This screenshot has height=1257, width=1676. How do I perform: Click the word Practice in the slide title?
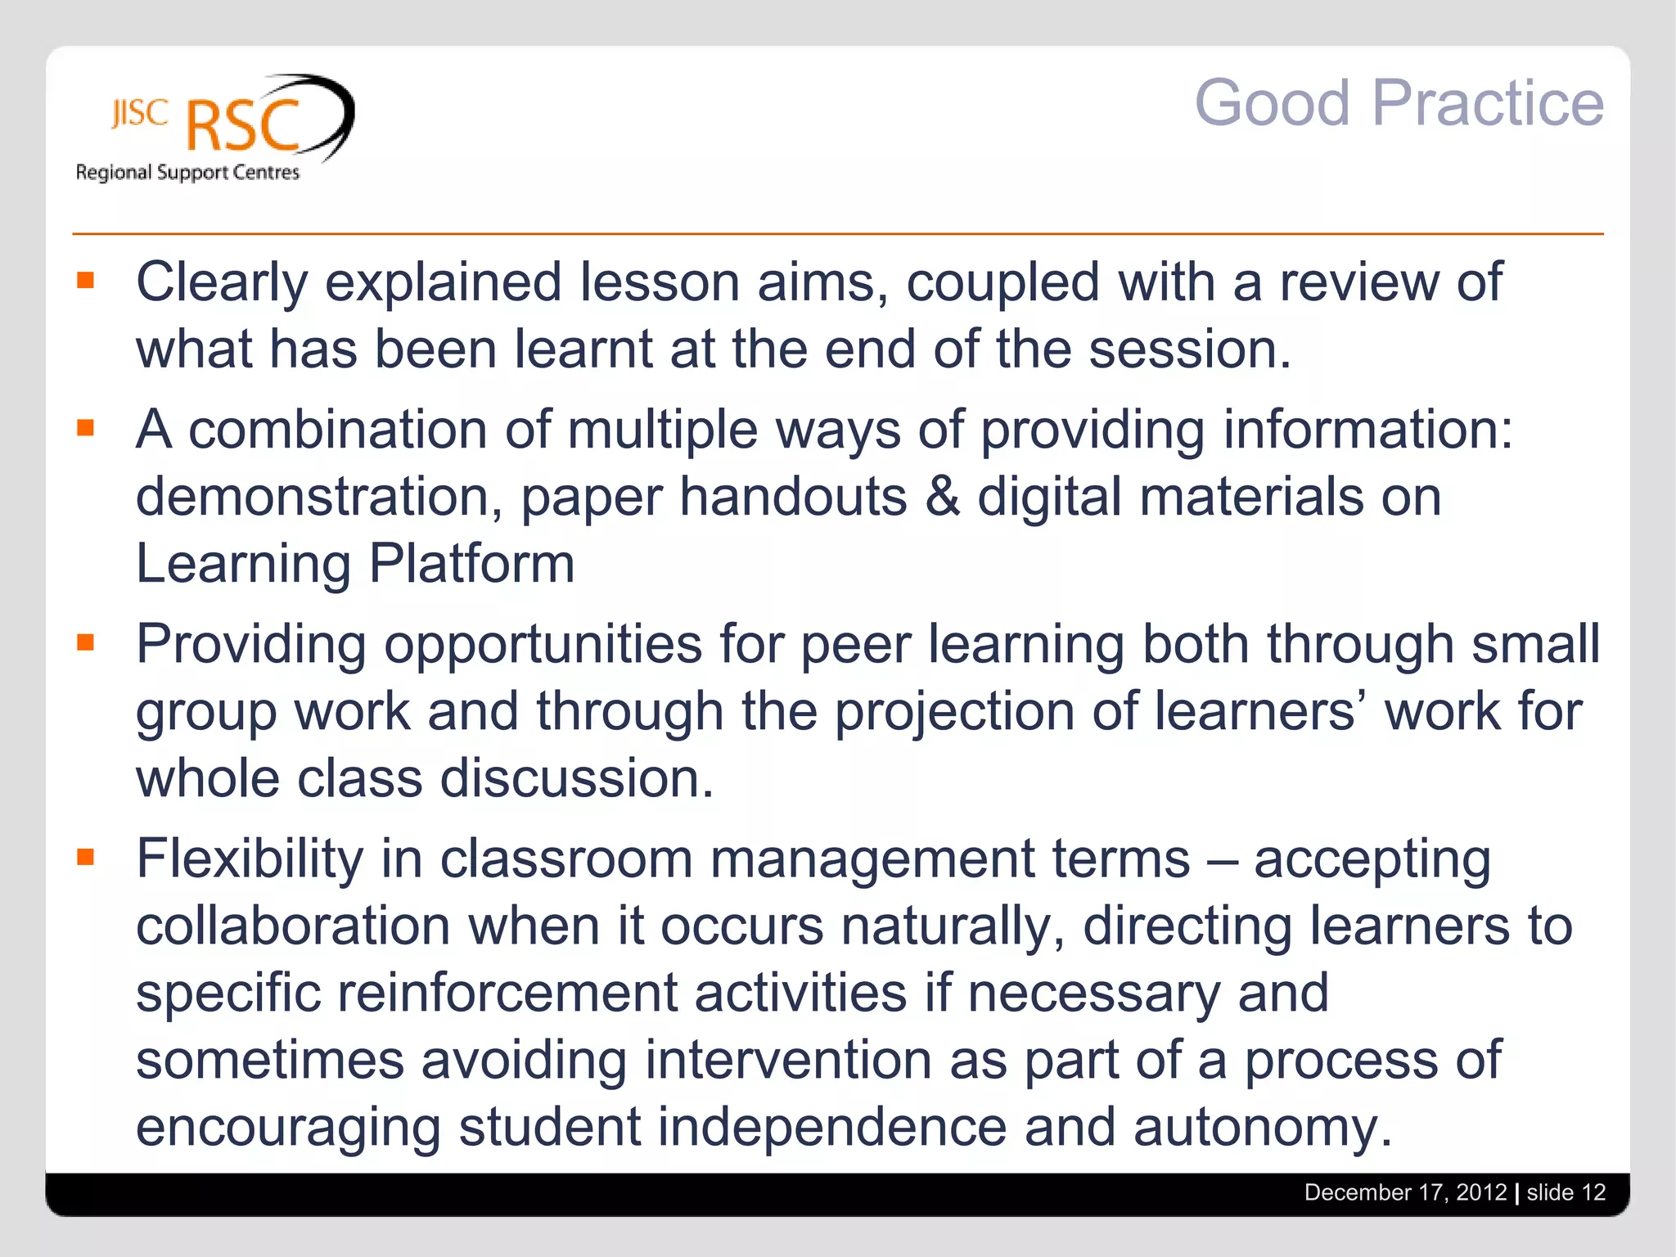pos(1488,104)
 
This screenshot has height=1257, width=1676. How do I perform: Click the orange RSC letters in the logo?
pos(243,127)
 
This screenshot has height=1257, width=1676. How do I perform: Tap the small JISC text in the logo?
pos(140,114)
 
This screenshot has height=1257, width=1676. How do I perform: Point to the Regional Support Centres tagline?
pos(187,173)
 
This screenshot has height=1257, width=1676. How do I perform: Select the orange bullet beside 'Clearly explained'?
pos(86,282)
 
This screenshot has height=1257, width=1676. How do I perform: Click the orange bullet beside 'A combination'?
pos(86,428)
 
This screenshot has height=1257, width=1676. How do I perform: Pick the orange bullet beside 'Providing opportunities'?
pos(86,642)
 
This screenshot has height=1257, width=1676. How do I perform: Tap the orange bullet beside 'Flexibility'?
pos(86,858)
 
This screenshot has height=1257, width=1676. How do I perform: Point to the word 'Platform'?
pos(472,564)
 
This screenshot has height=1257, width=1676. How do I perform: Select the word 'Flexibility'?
pos(250,859)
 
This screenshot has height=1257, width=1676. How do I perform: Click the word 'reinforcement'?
pos(507,993)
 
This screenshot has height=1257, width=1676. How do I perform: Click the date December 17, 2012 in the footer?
pos(1405,1192)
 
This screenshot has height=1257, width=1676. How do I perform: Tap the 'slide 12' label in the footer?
pos(1566,1192)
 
